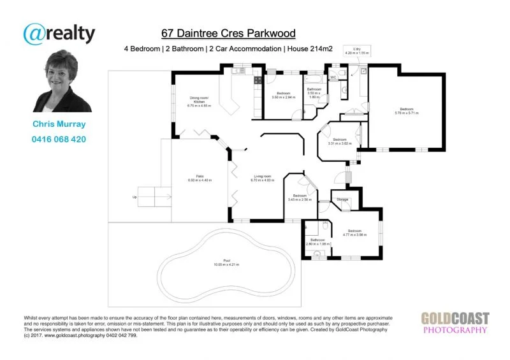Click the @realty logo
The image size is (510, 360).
tap(59, 33)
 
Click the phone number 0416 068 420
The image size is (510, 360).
tap(59, 139)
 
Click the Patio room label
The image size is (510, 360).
tap(200, 178)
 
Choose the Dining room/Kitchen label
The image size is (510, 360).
tap(199, 103)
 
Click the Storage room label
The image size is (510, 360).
tap(342, 200)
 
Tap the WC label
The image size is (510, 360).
tap(333, 77)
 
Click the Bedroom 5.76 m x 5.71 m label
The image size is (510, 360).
tap(407, 111)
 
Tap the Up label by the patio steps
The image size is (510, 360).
tap(135, 197)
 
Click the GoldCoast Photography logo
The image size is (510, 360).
tap(455, 323)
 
